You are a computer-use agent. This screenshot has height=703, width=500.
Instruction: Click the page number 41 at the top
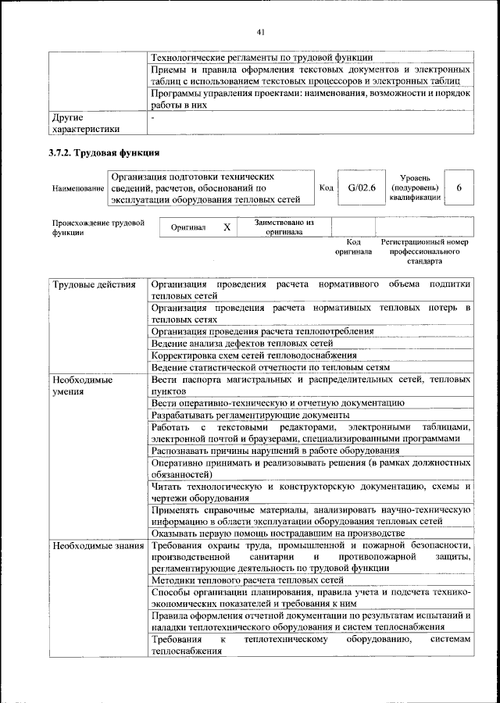[x=261, y=31]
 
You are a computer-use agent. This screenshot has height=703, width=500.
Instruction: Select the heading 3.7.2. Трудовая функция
[x=105, y=152]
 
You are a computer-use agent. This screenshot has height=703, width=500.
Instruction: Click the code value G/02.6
[x=362, y=188]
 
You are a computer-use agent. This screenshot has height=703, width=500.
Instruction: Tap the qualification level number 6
[x=459, y=188]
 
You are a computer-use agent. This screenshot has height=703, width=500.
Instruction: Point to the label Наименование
[x=78, y=189]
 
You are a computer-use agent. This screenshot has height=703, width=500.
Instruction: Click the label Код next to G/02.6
[x=327, y=188]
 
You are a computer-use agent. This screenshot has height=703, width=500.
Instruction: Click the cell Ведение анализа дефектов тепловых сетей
[x=242, y=343]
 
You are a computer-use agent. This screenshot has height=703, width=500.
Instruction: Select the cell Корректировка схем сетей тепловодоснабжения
[x=254, y=355]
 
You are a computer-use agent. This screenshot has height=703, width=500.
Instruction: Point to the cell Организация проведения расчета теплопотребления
[x=262, y=331]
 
